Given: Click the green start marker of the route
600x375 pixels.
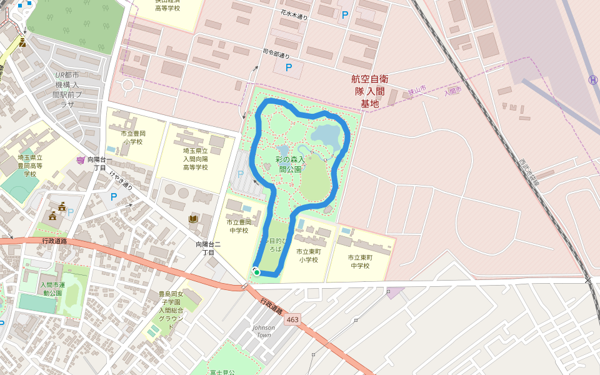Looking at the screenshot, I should click(256, 272).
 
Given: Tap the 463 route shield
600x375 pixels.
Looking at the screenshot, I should click(292, 319).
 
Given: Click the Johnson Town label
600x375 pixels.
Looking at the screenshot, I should click(264, 331).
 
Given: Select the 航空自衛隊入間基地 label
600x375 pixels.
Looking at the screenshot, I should click(369, 91).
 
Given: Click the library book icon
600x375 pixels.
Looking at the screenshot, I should click(193, 218).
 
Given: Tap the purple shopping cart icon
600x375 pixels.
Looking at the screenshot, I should click(80, 160).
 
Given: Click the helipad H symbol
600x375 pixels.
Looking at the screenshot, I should click(592, 80).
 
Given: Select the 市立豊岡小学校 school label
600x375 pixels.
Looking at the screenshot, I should click(133, 137).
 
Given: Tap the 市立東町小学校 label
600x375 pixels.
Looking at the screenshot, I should click(308, 255).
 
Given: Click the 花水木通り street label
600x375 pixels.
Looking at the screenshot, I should click(294, 14).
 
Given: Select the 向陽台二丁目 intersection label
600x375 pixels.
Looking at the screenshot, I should click(205, 248).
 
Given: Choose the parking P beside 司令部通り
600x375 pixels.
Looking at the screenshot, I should click(288, 67).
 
